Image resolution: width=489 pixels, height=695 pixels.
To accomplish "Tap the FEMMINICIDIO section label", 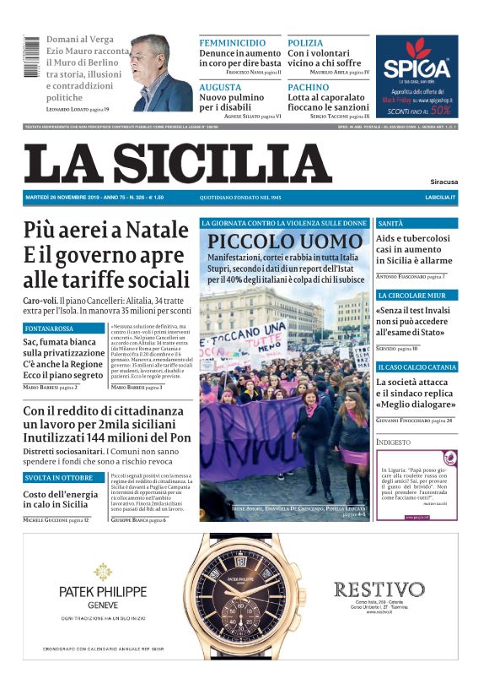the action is click(x=233, y=42).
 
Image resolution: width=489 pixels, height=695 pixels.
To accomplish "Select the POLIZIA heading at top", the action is click(x=305, y=42).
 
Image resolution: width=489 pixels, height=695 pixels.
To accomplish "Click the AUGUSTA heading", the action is click(x=220, y=87).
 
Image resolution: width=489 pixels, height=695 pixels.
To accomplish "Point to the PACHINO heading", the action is click(x=308, y=87).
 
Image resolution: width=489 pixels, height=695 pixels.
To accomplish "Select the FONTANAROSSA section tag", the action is click(x=50, y=328).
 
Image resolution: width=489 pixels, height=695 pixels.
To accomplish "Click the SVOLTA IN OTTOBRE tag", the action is click(x=56, y=479).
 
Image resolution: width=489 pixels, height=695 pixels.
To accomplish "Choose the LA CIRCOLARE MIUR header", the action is click(x=412, y=296).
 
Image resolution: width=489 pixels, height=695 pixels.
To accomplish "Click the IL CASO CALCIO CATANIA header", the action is click(x=416, y=367).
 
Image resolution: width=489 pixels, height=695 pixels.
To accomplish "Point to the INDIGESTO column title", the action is click(x=393, y=442).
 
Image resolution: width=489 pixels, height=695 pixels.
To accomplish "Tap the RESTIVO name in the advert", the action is click(x=379, y=589).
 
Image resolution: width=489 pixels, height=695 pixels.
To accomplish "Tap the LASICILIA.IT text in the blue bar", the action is click(x=440, y=197).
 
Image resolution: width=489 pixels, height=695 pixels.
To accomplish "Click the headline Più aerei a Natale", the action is click(x=105, y=230).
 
